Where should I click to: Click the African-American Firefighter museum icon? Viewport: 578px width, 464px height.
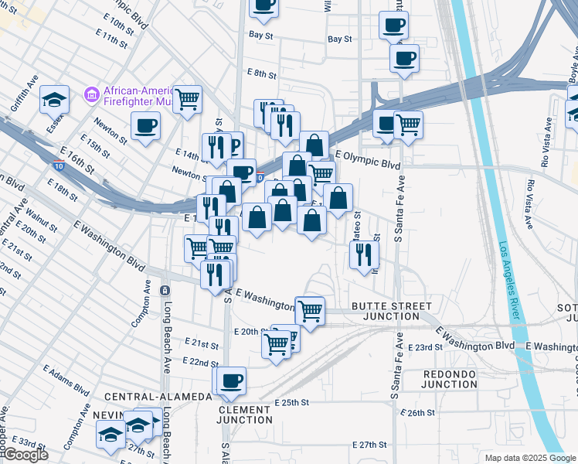tap(92, 95)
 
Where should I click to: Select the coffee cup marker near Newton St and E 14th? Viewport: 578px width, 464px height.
tap(145, 125)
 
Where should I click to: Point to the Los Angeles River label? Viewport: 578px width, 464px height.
tap(508, 281)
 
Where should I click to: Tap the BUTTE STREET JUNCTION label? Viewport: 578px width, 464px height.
tap(391, 311)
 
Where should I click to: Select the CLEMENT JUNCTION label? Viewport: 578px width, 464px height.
tap(245, 415)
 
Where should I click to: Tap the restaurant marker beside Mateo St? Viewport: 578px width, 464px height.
tap(363, 255)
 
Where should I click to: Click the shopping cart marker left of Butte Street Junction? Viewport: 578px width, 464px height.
tap(310, 311)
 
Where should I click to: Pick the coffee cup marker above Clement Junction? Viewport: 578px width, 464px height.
tap(230, 380)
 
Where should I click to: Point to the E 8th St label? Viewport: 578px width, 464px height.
tap(262, 73)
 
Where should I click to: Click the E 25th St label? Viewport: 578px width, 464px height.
tap(291, 403)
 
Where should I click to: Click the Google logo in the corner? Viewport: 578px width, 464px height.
tap(25, 455)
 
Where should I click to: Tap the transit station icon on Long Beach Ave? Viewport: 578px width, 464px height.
tap(165, 290)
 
